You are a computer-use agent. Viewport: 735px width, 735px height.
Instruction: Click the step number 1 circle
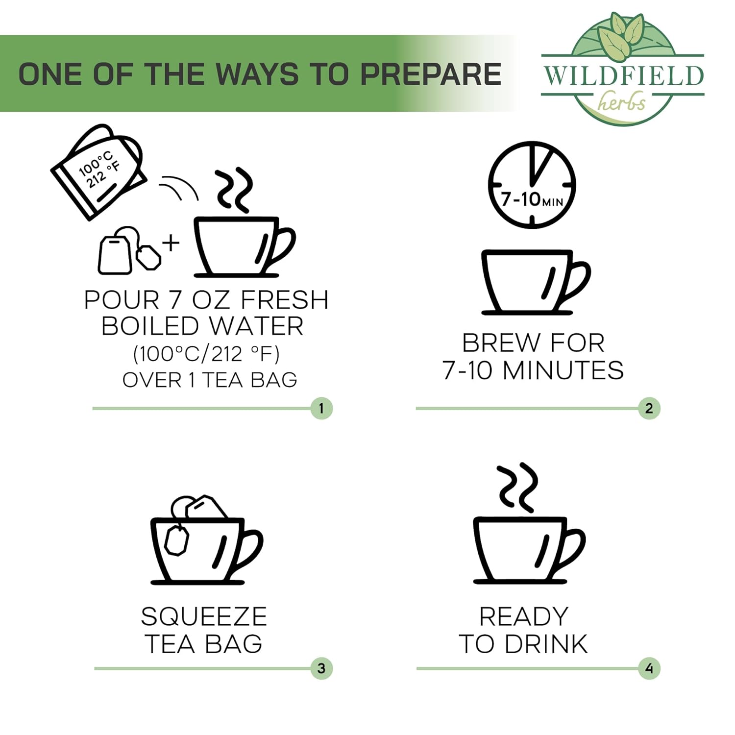pos(321,408)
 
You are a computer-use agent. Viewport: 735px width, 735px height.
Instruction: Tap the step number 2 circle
pos(649,408)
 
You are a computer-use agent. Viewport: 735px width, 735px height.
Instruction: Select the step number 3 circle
pos(321,668)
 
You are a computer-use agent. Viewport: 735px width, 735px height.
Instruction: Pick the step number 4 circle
pos(649,668)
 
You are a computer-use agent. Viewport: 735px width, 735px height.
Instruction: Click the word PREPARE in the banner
pos(431,74)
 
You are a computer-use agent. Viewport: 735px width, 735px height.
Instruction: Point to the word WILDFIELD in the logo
pos(623,75)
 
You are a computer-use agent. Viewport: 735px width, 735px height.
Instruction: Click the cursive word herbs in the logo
pos(622,102)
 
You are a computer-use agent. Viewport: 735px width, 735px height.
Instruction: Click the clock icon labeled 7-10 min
pos(532,185)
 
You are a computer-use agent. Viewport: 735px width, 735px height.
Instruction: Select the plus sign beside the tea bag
pos(171,243)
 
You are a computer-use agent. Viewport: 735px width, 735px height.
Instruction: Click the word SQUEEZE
pos(204,616)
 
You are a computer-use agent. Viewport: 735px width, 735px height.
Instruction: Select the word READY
pos(524,616)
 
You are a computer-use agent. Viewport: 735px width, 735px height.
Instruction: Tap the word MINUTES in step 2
pos(563,370)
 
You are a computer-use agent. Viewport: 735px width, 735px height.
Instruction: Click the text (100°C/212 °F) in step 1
pos(206,353)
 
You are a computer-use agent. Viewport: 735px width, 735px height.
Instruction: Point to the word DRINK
pos(546,644)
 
